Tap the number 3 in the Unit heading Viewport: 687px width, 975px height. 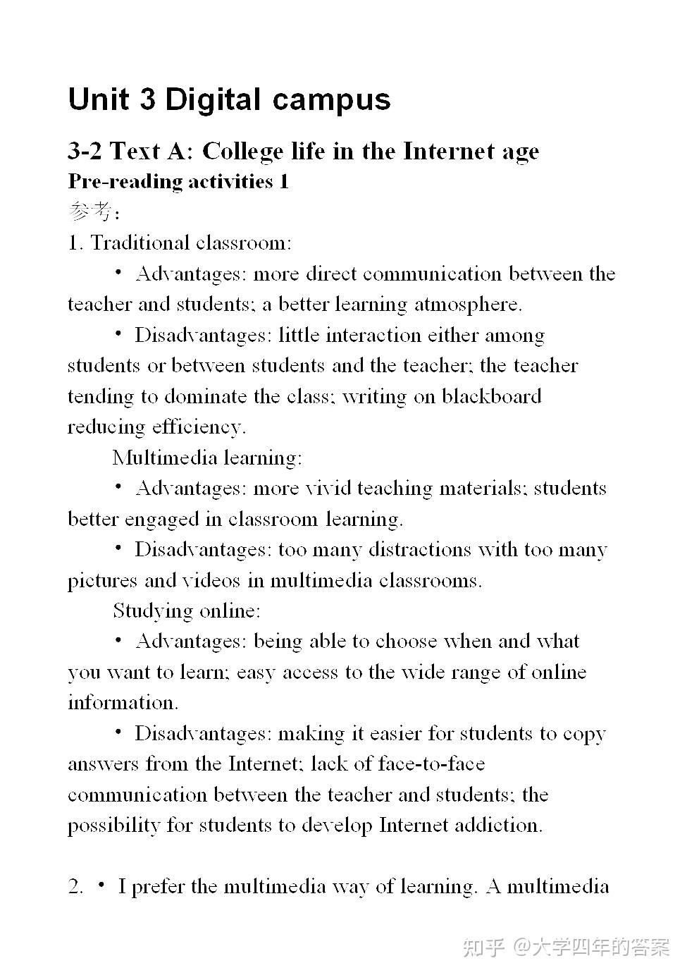click(x=147, y=99)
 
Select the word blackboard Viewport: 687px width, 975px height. click(x=491, y=396)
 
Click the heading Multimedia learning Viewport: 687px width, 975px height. click(x=207, y=458)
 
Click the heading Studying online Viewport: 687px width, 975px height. click(x=187, y=611)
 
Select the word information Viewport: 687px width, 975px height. click(x=123, y=703)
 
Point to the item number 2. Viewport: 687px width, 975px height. click(x=75, y=887)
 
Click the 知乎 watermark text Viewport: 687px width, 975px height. click(x=483, y=947)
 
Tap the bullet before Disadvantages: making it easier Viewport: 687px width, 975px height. click(x=118, y=732)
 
